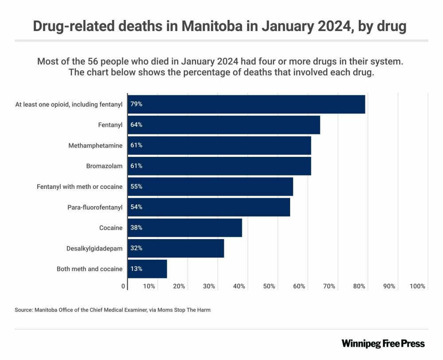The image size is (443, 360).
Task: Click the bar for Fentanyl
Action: (224, 125)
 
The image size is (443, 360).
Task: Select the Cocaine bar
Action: (185, 228)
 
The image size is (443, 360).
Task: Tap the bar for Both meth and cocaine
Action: (147, 269)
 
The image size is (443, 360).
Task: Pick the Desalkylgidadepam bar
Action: (176, 248)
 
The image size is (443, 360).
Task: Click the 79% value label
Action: (136, 105)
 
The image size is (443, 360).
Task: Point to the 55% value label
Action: (136, 187)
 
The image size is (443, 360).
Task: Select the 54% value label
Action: (136, 207)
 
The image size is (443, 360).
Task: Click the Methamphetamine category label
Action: (95, 145)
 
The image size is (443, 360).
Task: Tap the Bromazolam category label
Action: (104, 166)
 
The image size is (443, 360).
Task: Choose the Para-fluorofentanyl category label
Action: (95, 207)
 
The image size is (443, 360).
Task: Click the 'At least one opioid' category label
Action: (69, 105)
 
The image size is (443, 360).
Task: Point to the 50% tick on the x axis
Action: (269, 286)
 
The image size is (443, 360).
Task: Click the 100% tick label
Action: (418, 286)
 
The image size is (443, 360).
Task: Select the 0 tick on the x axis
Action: (124, 286)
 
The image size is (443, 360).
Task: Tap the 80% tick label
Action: (359, 286)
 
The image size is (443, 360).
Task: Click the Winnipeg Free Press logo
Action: (383, 344)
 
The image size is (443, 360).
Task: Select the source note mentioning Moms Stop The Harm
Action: (113, 310)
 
